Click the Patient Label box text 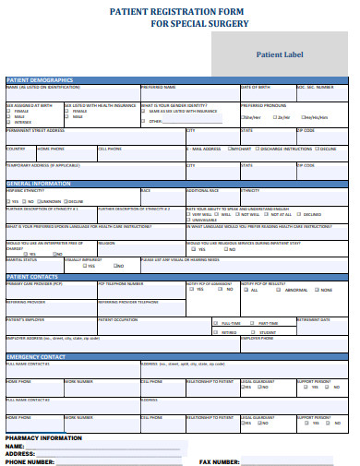282,54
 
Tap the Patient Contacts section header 31,276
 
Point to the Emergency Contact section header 36,356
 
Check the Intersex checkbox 9,123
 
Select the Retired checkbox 216,332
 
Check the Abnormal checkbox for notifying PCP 279,291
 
